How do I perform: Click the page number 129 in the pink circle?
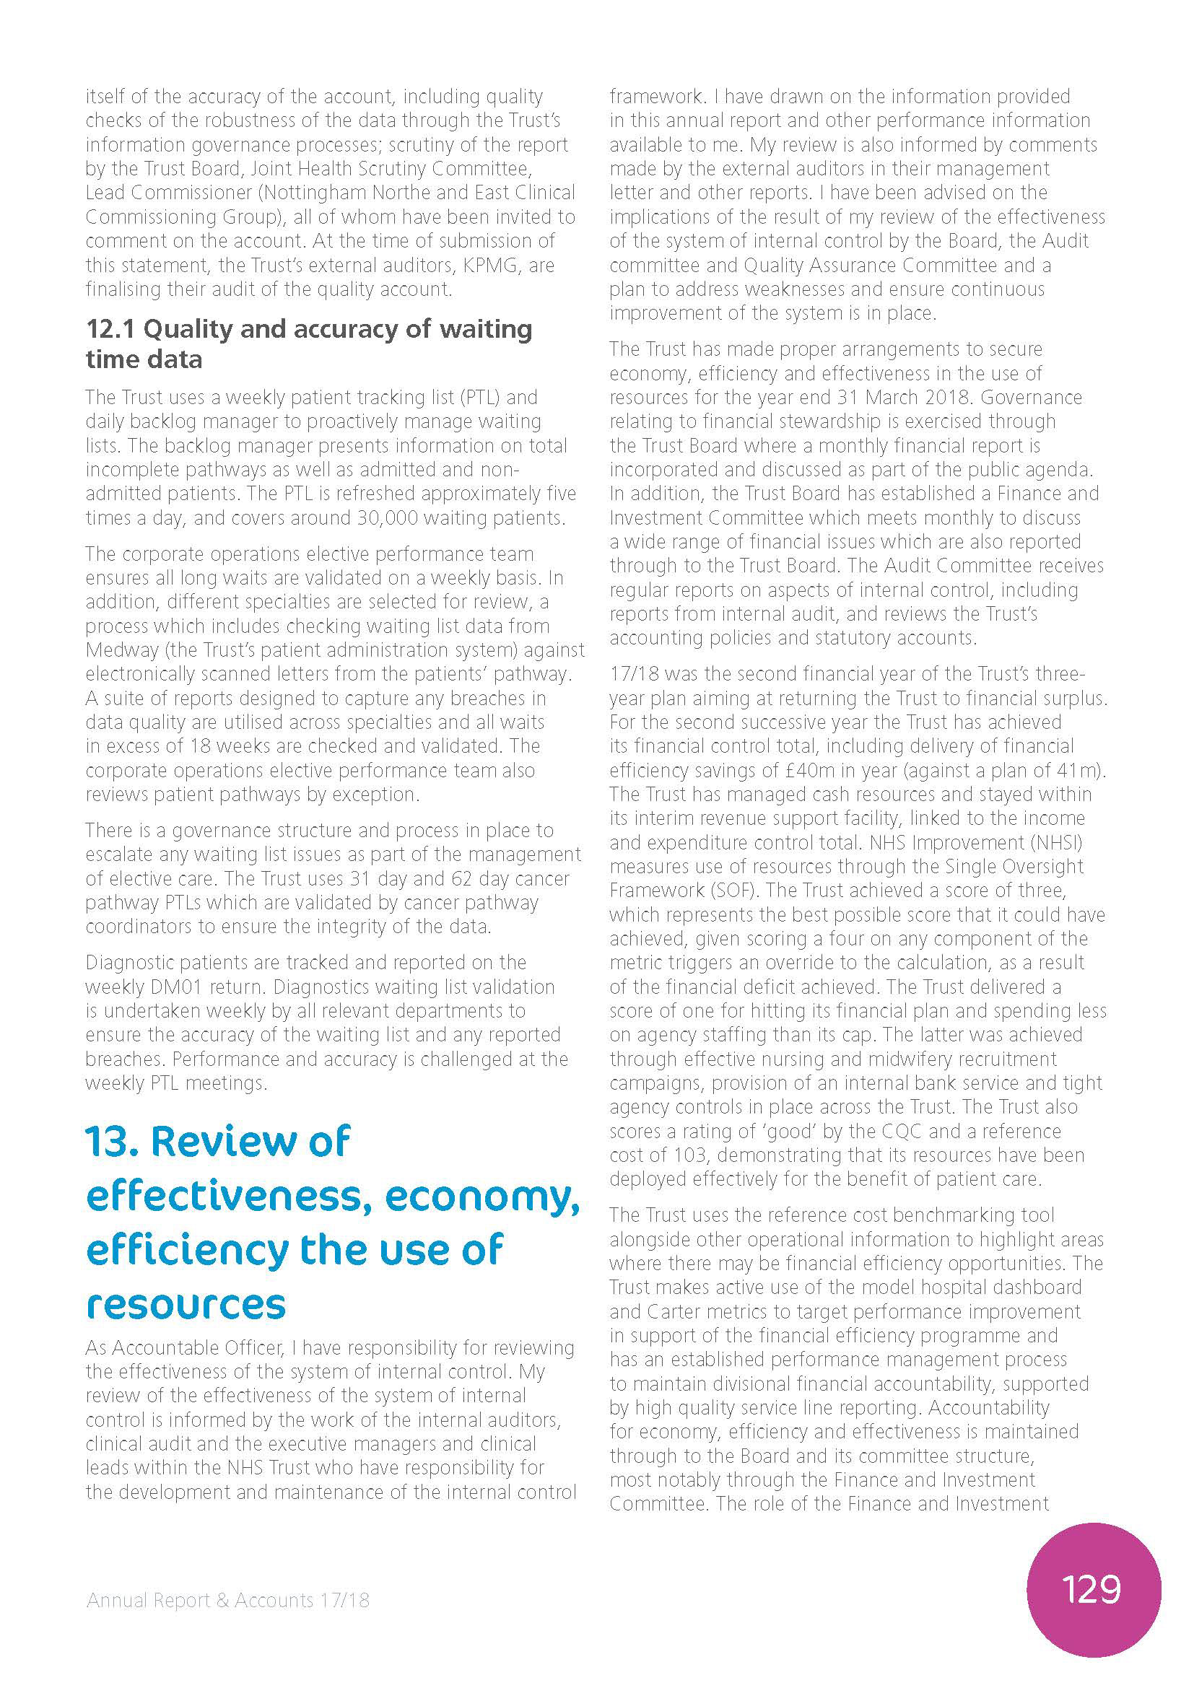tap(1091, 1588)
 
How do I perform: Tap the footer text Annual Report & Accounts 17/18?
tap(228, 1600)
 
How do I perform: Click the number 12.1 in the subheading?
tap(111, 328)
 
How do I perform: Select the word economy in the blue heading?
tap(481, 1196)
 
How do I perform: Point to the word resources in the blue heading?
tap(186, 1304)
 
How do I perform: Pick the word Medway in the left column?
tap(121, 650)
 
